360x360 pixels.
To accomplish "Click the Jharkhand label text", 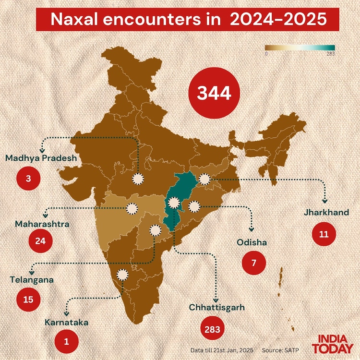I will tap(326, 212).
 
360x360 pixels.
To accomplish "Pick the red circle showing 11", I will tap(324, 234).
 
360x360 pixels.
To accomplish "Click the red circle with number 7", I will tap(253, 263).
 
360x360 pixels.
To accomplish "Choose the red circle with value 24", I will tap(40, 240).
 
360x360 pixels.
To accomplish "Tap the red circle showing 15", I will tap(28, 299).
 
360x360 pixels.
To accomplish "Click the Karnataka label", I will tap(67, 323).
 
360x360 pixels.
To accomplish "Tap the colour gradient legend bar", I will tap(300, 48).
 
